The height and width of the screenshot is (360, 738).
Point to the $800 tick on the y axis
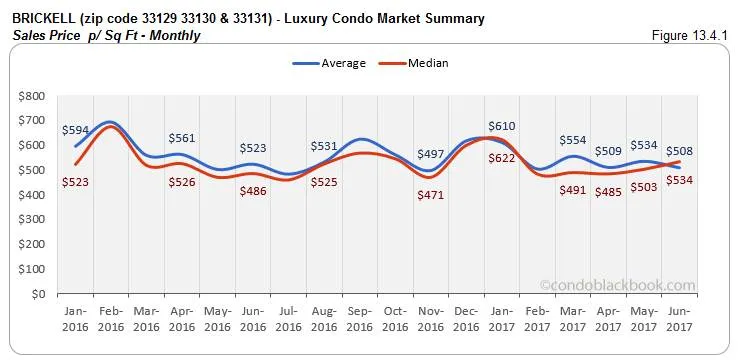[x=30, y=96]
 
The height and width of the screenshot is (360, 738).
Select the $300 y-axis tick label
[x=30, y=220]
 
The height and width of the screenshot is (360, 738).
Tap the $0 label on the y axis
[x=38, y=295]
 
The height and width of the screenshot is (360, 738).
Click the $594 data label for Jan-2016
[x=75, y=130]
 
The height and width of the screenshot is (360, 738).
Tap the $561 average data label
[x=182, y=138]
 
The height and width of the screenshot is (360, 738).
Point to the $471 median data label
[x=431, y=195]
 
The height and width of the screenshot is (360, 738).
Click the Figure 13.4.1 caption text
[x=692, y=35]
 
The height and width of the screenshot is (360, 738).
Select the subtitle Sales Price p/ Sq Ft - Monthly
[x=106, y=35]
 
